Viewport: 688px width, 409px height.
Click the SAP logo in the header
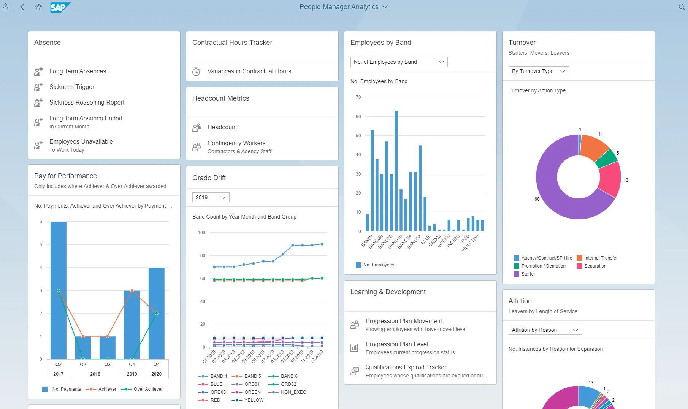60,7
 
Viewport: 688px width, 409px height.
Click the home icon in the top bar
38,7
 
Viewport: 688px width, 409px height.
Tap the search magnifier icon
682,7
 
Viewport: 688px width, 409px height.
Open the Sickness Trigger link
72,87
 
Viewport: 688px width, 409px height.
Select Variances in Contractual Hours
249,71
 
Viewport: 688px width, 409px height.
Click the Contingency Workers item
236,143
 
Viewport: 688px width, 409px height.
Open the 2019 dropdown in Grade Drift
211,197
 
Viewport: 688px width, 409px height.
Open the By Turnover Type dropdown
538,71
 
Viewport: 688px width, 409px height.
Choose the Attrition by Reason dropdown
545,330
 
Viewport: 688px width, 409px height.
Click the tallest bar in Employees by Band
396,171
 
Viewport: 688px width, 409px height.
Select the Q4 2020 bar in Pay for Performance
156,313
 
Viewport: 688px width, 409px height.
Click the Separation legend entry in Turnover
595,266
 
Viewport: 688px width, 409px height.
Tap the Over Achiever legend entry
147,389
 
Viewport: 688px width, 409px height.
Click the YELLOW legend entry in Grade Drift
254,400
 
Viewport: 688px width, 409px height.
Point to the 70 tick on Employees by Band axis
358,97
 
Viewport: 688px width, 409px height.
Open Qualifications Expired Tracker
406,367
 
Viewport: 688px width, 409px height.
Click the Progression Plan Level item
396,344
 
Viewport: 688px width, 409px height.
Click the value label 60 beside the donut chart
537,199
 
